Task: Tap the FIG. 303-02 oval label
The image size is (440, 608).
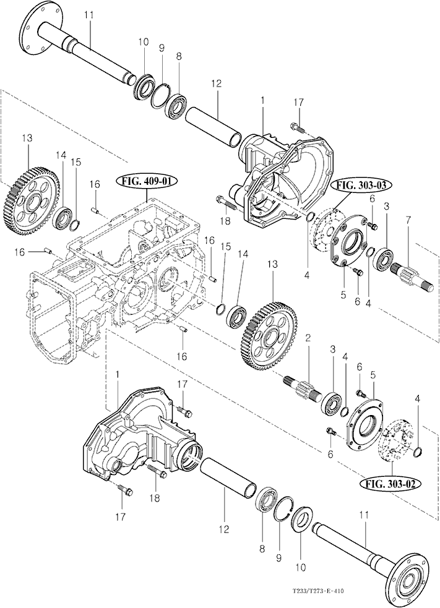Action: [x=390, y=484]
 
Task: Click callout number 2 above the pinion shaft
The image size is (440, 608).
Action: [x=308, y=338]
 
